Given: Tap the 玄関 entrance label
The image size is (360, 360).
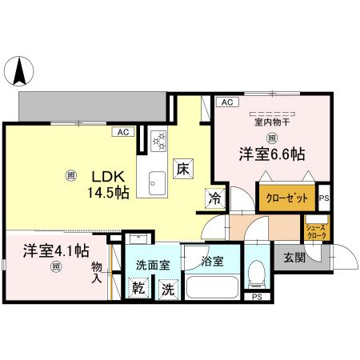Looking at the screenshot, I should click(x=294, y=258).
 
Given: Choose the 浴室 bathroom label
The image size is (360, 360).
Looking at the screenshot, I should click(x=211, y=261).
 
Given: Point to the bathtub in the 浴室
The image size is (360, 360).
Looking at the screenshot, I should click(x=211, y=286).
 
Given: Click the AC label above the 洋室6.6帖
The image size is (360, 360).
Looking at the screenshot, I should click(x=227, y=102).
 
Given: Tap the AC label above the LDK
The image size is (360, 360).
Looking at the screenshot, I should click(x=123, y=133).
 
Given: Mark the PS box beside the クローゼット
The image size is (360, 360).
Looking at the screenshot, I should click(x=324, y=198).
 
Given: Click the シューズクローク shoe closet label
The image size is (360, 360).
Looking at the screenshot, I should click(x=316, y=232).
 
